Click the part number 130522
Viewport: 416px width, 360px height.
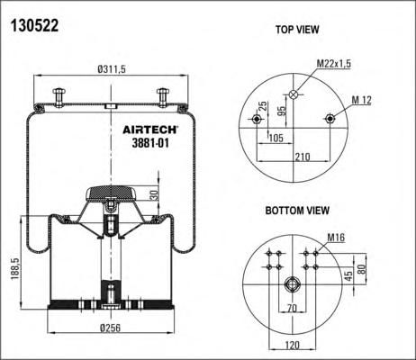(34, 25)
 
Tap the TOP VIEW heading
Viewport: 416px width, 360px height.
(297, 30)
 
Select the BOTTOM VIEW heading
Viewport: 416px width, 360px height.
(297, 211)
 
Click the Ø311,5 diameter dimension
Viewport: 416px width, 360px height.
(112, 69)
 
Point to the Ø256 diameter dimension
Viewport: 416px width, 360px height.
(111, 328)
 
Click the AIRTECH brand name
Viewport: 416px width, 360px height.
(150, 130)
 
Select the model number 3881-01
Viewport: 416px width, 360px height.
(150, 143)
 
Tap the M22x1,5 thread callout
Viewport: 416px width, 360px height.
(334, 64)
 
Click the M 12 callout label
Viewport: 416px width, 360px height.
(361, 100)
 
